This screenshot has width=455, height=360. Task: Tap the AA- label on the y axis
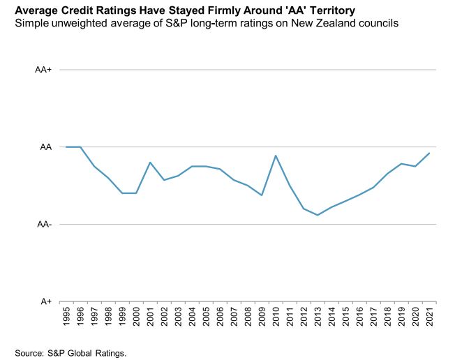tap(43, 225)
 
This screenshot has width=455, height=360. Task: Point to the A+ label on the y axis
tap(45, 301)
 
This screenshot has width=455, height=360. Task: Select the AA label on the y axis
tap(45, 147)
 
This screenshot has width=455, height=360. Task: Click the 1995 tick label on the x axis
tap(66, 317)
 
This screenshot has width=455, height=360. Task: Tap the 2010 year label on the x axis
tap(276, 317)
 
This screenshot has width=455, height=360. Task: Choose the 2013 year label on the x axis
tap(318, 317)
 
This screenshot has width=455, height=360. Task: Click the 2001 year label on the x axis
tap(150, 317)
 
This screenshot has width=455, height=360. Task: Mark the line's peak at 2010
tap(276, 156)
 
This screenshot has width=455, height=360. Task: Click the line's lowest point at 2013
tap(318, 215)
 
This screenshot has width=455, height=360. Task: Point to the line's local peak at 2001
tap(150, 163)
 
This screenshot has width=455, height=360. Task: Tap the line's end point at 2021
tap(429, 153)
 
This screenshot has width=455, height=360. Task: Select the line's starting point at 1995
tap(66, 147)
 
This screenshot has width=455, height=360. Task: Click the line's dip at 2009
tap(262, 195)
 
